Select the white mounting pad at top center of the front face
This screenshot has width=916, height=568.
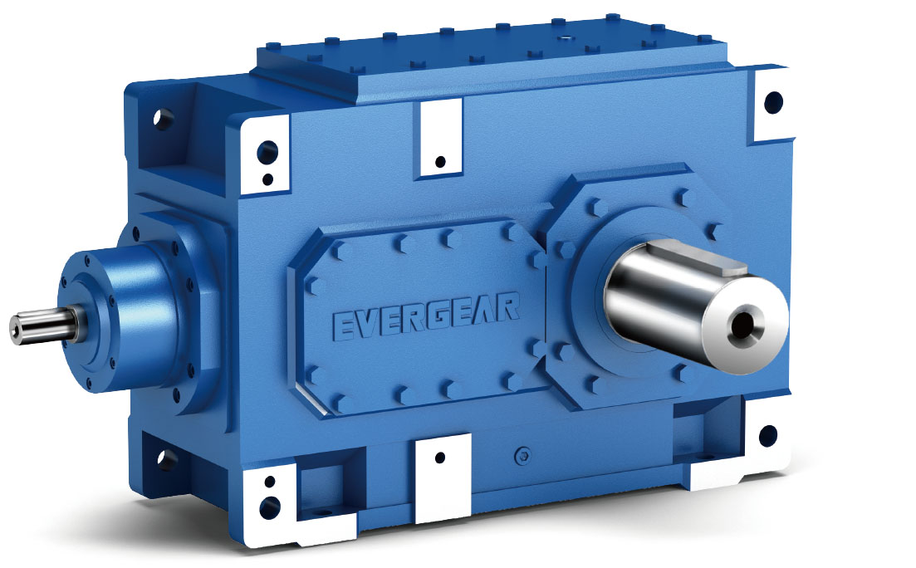tap(440, 138)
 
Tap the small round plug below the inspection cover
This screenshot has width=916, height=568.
tap(522, 453)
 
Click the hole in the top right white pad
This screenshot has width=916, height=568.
tap(773, 102)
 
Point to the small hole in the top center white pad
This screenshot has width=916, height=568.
tap(440, 160)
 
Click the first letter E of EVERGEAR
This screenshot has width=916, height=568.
tap(345, 325)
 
